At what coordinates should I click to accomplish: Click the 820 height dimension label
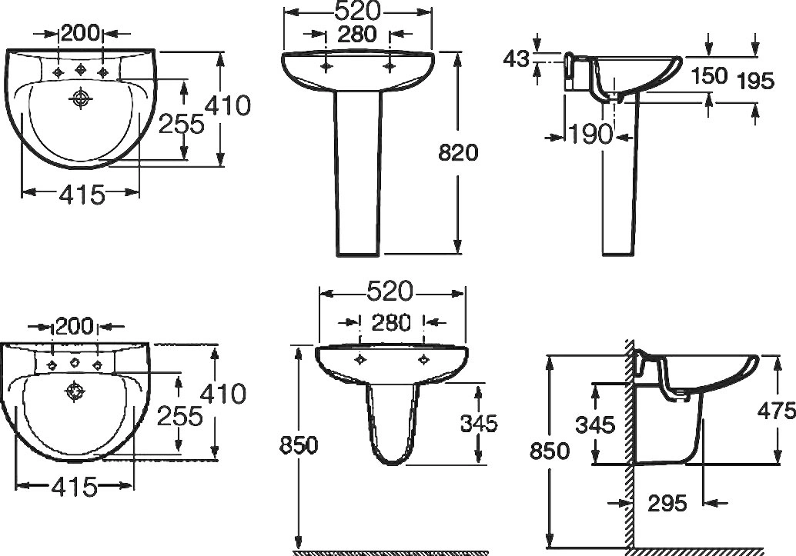[x=458, y=153]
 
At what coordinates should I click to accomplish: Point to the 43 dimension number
[x=516, y=59]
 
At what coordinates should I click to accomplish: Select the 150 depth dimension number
[x=710, y=76]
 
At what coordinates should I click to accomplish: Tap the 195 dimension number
[x=756, y=81]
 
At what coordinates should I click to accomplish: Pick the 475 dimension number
[x=777, y=410]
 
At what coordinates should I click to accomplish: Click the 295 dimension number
[x=667, y=503]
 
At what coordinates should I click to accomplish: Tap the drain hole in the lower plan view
[x=75, y=391]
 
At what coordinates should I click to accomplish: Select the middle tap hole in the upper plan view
[x=81, y=68]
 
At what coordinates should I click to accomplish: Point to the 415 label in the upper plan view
[x=82, y=194]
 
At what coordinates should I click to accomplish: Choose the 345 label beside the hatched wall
[x=595, y=424]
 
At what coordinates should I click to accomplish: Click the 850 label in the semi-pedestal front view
[x=299, y=445]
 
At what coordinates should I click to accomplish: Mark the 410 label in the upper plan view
[x=227, y=105]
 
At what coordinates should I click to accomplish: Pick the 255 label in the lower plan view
[x=179, y=417]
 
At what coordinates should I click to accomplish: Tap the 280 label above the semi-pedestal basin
[x=391, y=323]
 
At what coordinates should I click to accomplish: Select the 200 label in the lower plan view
[x=75, y=327]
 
